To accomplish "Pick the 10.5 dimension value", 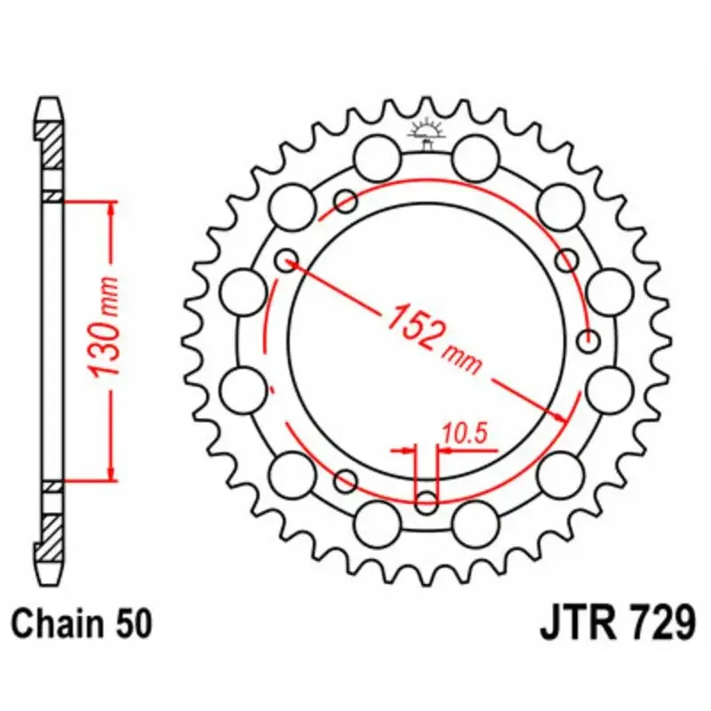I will point(465,434).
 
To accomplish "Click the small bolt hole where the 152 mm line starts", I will point(286,260).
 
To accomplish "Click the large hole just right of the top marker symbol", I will point(475,160).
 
